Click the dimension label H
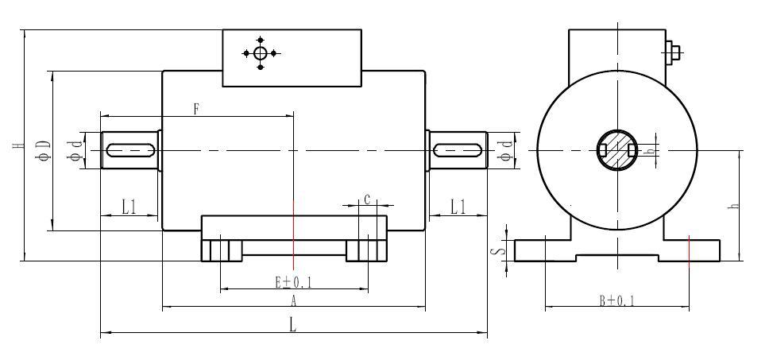pyautogui.click(x=17, y=145)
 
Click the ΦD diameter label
pyautogui.click(x=44, y=149)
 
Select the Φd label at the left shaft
pyautogui.click(x=75, y=150)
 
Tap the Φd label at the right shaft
pyautogui.click(x=505, y=150)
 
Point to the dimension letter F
pyautogui.click(x=196, y=110)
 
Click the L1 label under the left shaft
pyautogui.click(x=129, y=207)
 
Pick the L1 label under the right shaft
pyautogui.click(x=458, y=207)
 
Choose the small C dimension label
pyautogui.click(x=367, y=199)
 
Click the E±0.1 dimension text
pyautogui.click(x=294, y=282)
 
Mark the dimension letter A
pyautogui.click(x=294, y=300)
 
